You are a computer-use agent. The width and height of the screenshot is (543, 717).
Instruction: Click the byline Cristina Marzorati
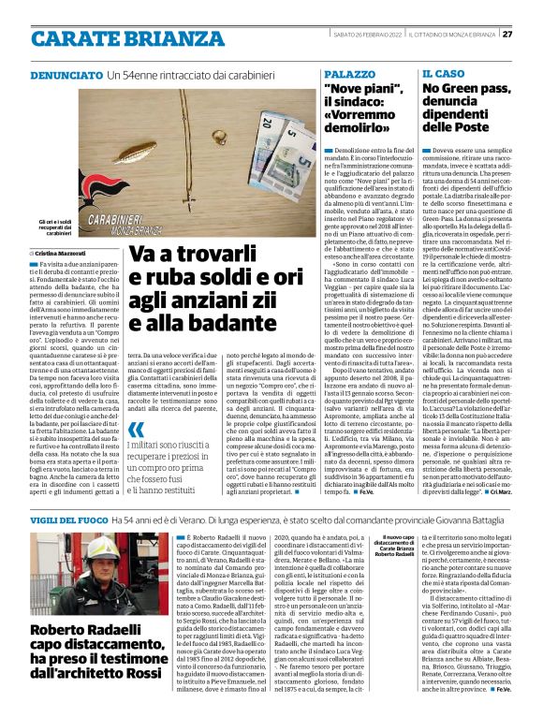tap(59, 253)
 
